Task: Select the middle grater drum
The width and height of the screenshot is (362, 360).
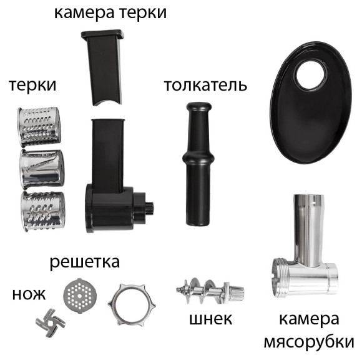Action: click(x=41, y=167)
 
